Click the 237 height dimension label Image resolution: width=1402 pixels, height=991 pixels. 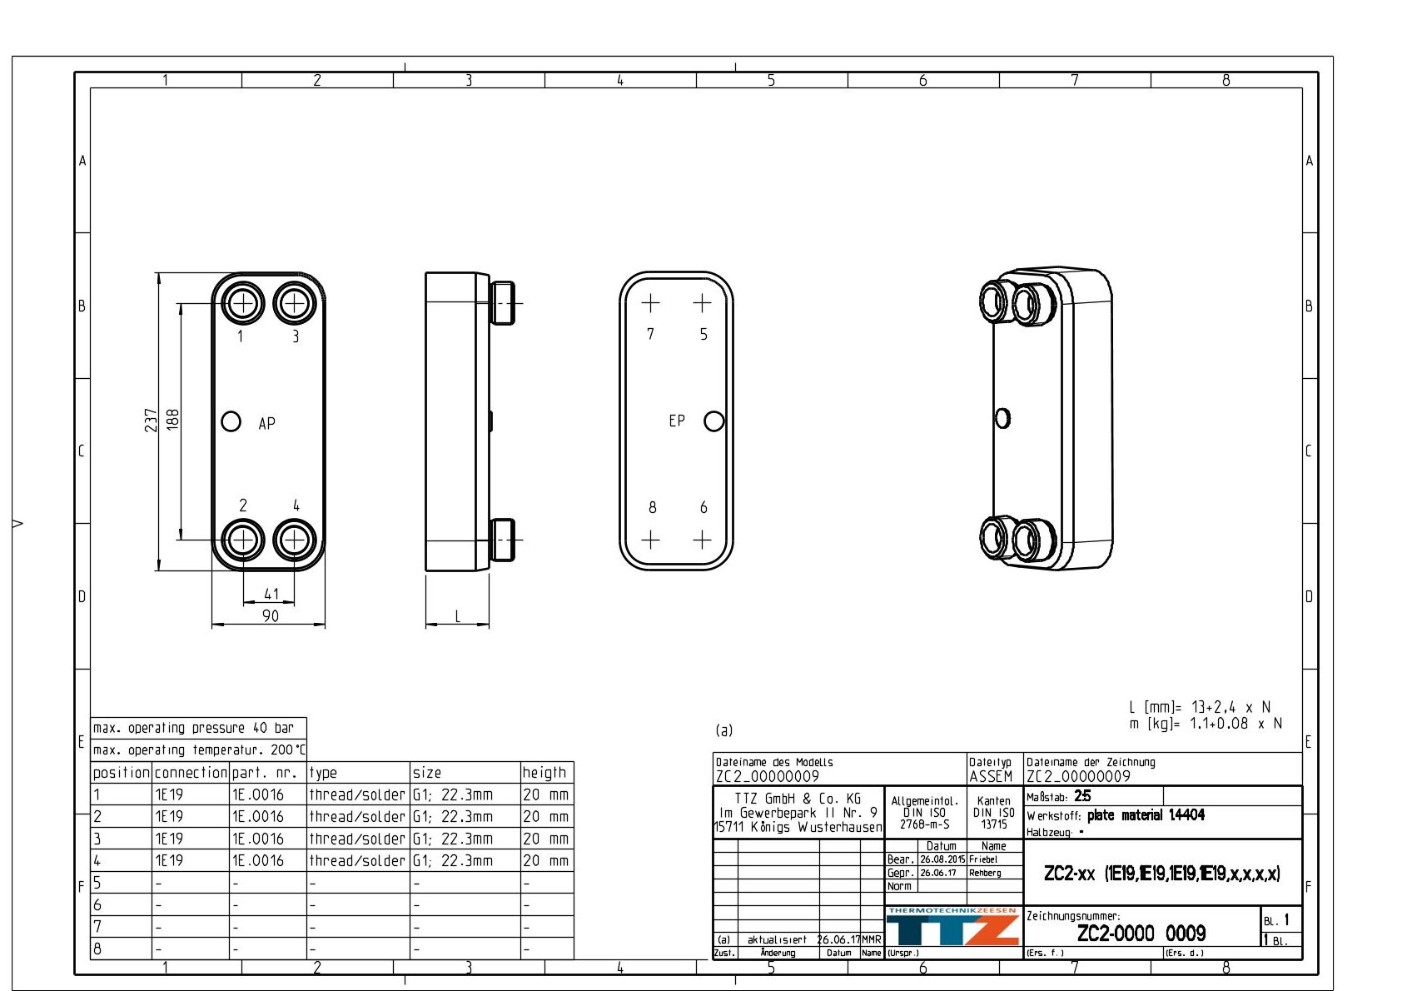click(151, 420)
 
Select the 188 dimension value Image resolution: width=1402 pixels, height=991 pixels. click(172, 420)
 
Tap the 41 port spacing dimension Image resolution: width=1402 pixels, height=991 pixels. click(271, 594)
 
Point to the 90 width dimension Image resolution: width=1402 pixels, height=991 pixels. click(271, 616)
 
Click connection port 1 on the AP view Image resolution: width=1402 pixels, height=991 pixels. click(243, 303)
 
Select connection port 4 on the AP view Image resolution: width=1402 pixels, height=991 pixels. click(294, 540)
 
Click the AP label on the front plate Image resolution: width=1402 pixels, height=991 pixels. click(266, 423)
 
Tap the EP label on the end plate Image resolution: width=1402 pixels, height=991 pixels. click(677, 421)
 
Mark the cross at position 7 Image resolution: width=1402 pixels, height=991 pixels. click(650, 303)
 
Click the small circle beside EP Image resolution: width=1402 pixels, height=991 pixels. click(713, 421)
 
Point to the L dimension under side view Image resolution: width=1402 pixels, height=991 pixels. click(457, 616)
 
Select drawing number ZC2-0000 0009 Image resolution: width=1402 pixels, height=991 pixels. click(1141, 933)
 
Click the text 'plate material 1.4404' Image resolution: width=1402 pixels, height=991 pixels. click(1146, 815)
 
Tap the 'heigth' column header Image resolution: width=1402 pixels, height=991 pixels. click(544, 772)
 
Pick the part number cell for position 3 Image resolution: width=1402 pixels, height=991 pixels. click(258, 839)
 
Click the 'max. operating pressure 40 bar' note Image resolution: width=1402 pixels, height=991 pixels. click(193, 728)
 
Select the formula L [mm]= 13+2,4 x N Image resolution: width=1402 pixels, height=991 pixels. click(1200, 707)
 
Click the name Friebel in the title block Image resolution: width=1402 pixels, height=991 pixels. click(983, 859)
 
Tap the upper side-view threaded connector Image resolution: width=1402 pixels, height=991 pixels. click(502, 303)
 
